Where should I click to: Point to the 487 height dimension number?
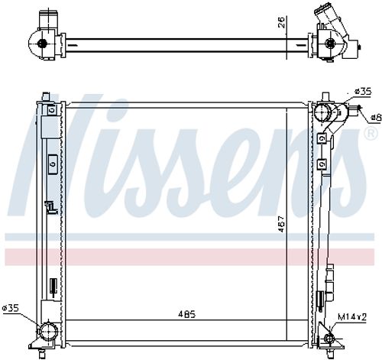point(281,226)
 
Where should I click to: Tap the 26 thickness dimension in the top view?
point(282,23)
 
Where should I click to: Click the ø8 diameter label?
point(375,118)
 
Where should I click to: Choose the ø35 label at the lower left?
point(11,308)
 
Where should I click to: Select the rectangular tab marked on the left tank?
point(51,163)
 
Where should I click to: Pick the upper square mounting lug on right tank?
point(324,139)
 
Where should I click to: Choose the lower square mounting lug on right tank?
point(324,162)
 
